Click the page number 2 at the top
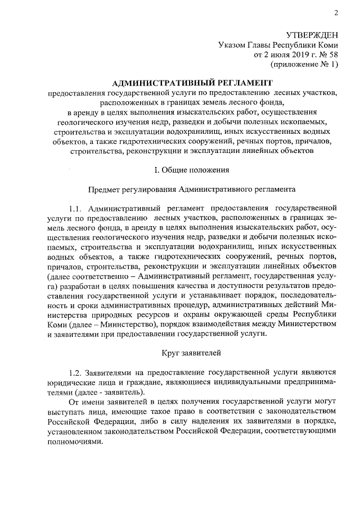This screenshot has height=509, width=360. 335,13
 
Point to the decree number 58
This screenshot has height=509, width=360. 332,55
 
